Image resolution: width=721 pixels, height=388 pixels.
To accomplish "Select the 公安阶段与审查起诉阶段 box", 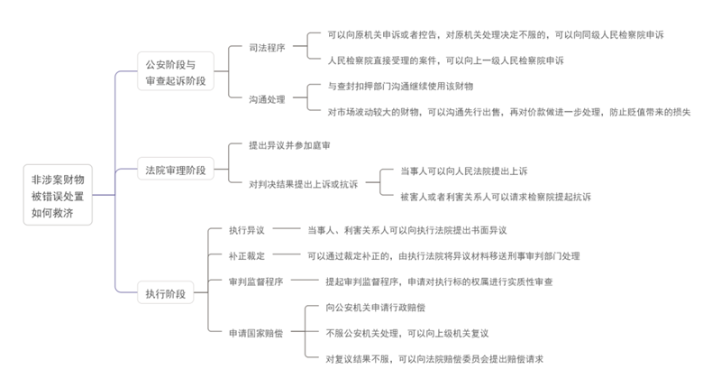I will pyautogui.click(x=177, y=73).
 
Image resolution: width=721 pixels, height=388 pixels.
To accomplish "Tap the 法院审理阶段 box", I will pyautogui.click(x=177, y=170).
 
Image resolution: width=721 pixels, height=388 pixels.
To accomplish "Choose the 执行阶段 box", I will pyautogui.click(x=166, y=293).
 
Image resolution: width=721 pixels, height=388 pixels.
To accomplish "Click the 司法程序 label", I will pyautogui.click(x=268, y=48).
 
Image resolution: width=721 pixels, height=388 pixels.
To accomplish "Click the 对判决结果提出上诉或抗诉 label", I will pyautogui.click(x=304, y=184).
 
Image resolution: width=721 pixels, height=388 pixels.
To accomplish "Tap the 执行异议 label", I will pyautogui.click(x=247, y=230).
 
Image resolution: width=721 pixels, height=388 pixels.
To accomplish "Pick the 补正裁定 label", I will pyautogui.click(x=247, y=256).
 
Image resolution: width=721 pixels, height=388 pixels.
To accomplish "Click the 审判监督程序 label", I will pyautogui.click(x=256, y=282).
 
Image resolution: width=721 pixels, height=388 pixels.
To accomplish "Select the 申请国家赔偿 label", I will pyautogui.click(x=256, y=333).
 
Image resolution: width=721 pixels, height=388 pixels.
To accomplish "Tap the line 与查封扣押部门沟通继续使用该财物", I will pyautogui.click(x=401, y=86).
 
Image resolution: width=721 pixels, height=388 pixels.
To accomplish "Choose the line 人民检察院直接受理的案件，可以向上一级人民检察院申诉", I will pyautogui.click(x=446, y=60).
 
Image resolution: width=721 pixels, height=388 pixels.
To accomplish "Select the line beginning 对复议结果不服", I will pyautogui.click(x=435, y=358).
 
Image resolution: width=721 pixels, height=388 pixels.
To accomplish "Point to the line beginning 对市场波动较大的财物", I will pyautogui.click(x=509, y=112).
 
